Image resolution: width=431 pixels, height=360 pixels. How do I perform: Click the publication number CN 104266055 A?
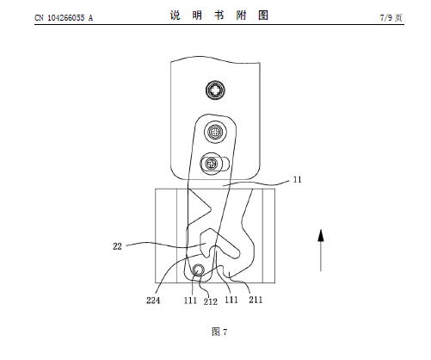tap(64, 18)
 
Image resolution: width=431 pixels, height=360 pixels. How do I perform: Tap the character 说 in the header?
tap(175, 16)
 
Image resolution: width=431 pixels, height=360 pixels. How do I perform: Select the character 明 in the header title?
tap(197, 16)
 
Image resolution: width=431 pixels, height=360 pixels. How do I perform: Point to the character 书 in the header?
tap(219, 16)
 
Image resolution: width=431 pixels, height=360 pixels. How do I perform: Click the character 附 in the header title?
tap(241, 16)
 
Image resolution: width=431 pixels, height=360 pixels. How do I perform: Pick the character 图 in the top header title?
tap(263, 16)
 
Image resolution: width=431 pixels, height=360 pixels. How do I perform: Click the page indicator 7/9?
tap(386, 18)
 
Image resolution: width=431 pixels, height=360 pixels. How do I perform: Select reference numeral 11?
tap(297, 180)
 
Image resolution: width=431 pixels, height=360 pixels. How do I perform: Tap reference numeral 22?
tap(117, 246)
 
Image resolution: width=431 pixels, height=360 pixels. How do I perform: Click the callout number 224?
tap(153, 301)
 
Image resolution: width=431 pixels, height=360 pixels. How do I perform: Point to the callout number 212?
tap(211, 301)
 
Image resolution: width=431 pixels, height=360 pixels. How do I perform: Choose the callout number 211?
tap(256, 300)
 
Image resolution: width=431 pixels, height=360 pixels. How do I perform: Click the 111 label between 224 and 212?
tap(190, 301)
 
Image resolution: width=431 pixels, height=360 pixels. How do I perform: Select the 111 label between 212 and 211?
tap(231, 300)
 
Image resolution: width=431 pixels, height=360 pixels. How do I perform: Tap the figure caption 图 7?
tap(219, 332)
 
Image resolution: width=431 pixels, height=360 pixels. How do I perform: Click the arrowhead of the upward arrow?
tap(321, 235)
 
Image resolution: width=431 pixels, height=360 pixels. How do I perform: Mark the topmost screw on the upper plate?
tap(215, 90)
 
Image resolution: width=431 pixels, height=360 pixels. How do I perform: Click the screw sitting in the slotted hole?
tap(212, 164)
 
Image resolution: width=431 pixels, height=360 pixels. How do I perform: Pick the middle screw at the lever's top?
tap(215, 132)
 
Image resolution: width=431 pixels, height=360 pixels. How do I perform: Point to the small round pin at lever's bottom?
tap(198, 270)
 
